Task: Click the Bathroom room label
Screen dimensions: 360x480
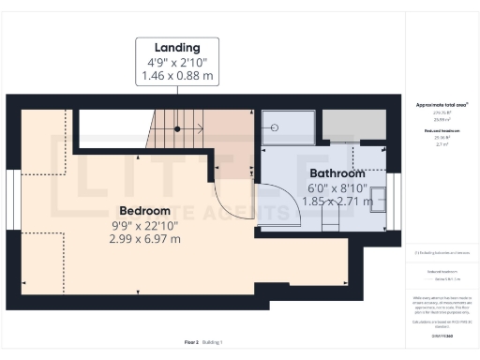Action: pos(337,173)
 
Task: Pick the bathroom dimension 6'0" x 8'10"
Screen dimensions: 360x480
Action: pos(337,187)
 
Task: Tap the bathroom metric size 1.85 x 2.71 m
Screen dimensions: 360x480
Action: pos(337,201)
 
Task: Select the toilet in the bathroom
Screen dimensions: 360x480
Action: pos(328,220)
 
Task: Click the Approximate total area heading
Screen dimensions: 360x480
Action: pos(442,104)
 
